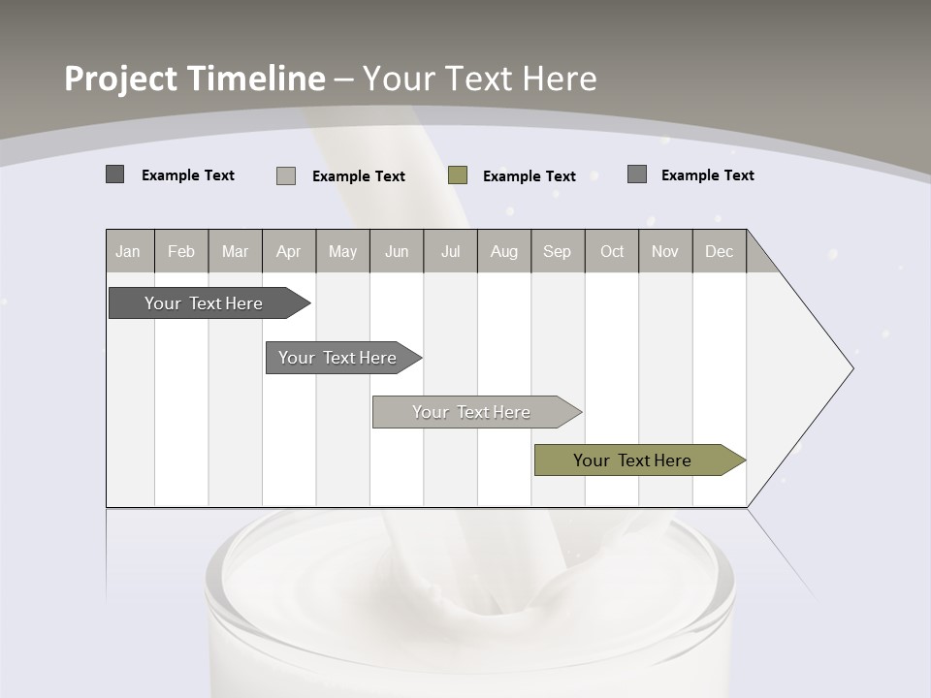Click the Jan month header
coord(128,251)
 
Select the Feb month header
coord(181,251)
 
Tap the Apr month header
coord(288,251)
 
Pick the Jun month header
coord(397,251)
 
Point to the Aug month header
coord(503,251)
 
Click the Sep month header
coord(557,251)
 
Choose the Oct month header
coord(612,251)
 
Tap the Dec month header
coord(719,251)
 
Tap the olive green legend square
coord(458,175)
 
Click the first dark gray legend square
coord(114,174)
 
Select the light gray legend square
coord(286,175)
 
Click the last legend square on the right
coord(637,174)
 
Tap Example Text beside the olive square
coord(529,176)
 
